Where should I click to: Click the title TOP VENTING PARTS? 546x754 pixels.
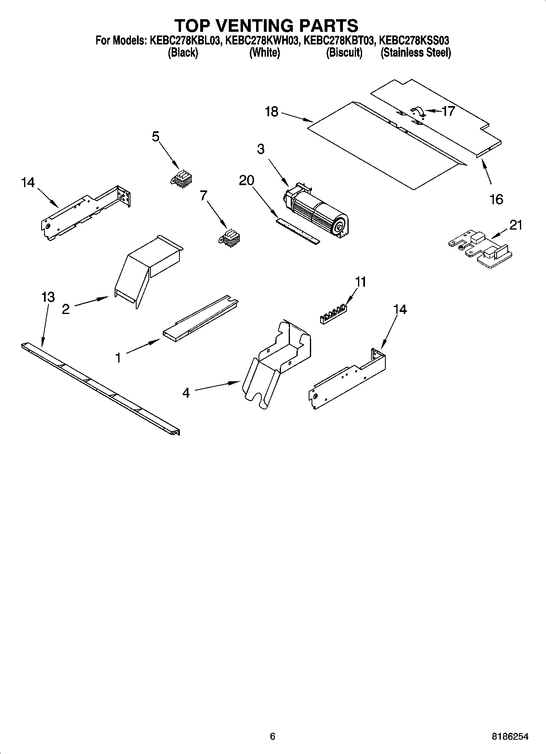pos(267,25)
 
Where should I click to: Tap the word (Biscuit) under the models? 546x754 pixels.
pos(344,53)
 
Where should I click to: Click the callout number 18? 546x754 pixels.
pos(272,111)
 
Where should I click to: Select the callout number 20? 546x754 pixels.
pos(246,180)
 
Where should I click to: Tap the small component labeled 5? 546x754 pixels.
pos(181,179)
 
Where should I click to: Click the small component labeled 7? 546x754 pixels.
pos(230,238)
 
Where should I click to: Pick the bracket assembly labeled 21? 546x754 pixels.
pos(479,250)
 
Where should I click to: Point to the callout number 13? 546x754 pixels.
pos(48,297)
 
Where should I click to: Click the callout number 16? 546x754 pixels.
pos(496,199)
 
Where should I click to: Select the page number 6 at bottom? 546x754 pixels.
pos(272,736)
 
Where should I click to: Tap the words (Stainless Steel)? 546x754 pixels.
pos(416,53)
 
